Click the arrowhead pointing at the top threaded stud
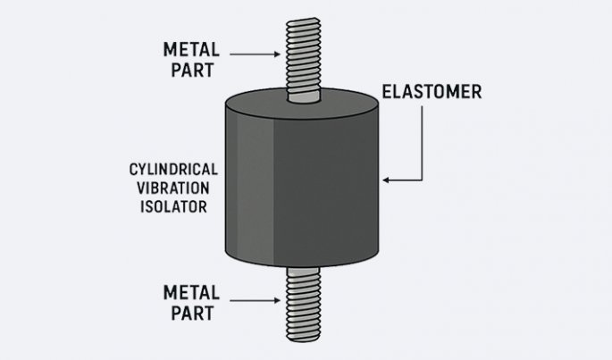(279, 54)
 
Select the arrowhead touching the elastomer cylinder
(387, 180)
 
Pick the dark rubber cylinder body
(302, 183)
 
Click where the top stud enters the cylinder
(302, 101)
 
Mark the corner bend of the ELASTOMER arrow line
(422, 180)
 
